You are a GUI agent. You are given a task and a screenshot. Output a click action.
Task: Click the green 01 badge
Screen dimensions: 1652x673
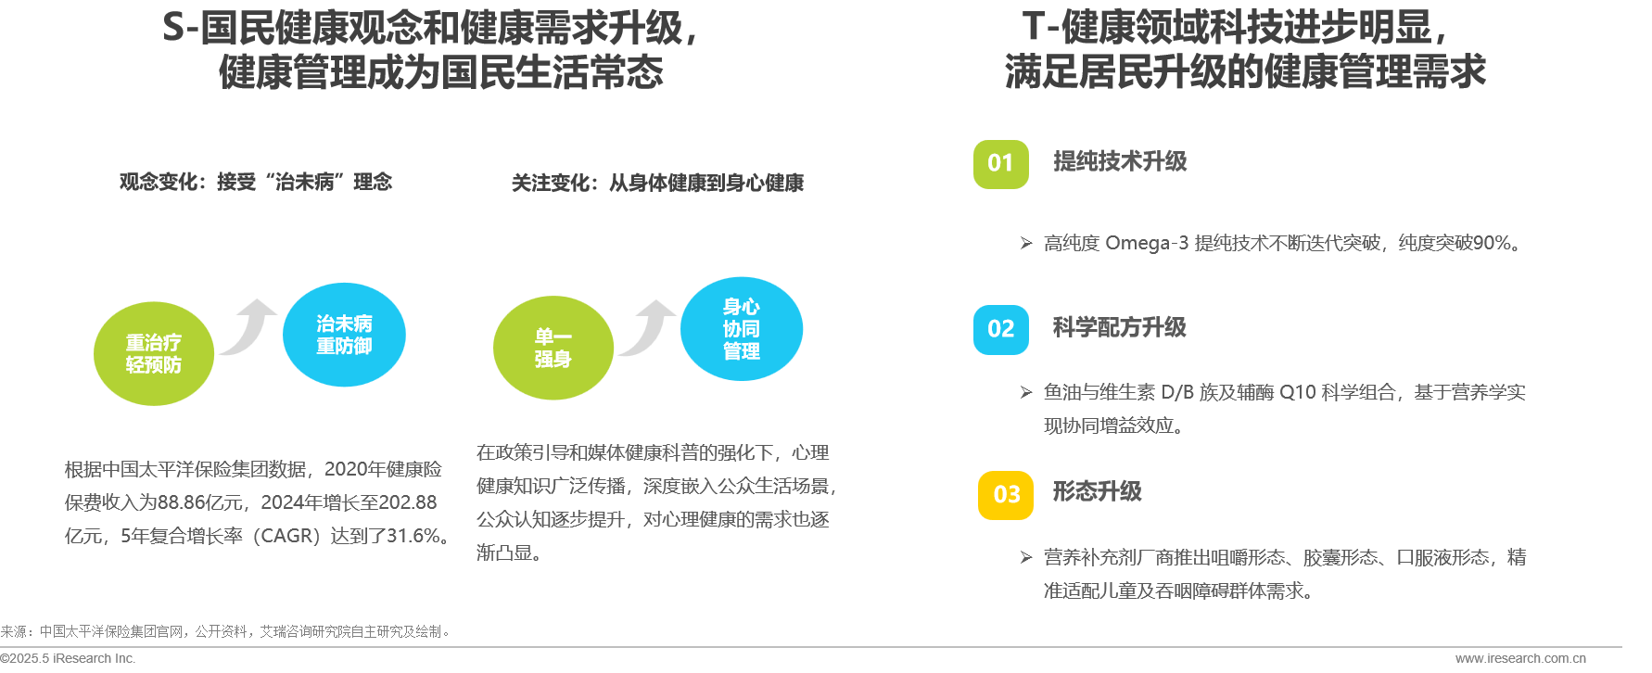tap(1000, 164)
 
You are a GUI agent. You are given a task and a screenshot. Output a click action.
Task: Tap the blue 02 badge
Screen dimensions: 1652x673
tap(1000, 329)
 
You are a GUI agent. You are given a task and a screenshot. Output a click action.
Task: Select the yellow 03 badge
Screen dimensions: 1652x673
tap(1006, 495)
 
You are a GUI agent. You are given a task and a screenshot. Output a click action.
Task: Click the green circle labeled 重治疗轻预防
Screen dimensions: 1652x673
tap(154, 353)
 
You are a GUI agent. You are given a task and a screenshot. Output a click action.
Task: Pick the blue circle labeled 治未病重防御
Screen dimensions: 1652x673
tap(344, 335)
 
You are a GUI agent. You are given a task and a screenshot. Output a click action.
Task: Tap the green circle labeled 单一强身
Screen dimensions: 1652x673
tap(553, 348)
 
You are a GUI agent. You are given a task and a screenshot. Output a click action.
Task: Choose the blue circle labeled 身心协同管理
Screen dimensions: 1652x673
tap(742, 328)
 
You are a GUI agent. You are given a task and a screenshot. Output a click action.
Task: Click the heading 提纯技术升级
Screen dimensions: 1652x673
tap(1120, 161)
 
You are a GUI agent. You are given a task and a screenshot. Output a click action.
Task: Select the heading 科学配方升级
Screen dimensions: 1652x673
tap(1119, 327)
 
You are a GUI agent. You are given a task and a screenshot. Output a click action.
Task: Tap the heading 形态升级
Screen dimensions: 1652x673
tap(1097, 491)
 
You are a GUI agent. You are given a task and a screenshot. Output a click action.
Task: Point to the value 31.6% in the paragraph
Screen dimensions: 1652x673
tap(413, 536)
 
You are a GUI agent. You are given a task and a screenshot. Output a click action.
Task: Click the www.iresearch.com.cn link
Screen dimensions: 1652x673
tap(1520, 658)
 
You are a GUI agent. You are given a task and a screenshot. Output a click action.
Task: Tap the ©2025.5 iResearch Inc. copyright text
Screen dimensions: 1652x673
tap(68, 658)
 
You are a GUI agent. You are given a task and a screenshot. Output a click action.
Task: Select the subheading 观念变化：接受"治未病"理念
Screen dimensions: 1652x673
tap(256, 182)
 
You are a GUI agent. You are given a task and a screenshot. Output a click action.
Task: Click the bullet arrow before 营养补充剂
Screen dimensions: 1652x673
tap(1026, 557)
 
